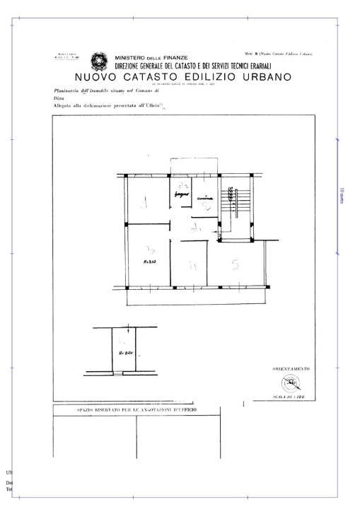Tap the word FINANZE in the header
click(x=170, y=57)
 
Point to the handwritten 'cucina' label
click(x=205, y=199)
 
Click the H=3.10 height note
click(x=149, y=262)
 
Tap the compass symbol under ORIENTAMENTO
click(x=289, y=384)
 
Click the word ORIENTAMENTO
click(x=290, y=369)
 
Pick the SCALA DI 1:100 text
click(x=289, y=397)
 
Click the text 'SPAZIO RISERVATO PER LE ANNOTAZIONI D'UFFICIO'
click(x=137, y=410)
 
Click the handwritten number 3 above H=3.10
click(x=149, y=250)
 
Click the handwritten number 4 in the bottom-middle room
click(x=191, y=267)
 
